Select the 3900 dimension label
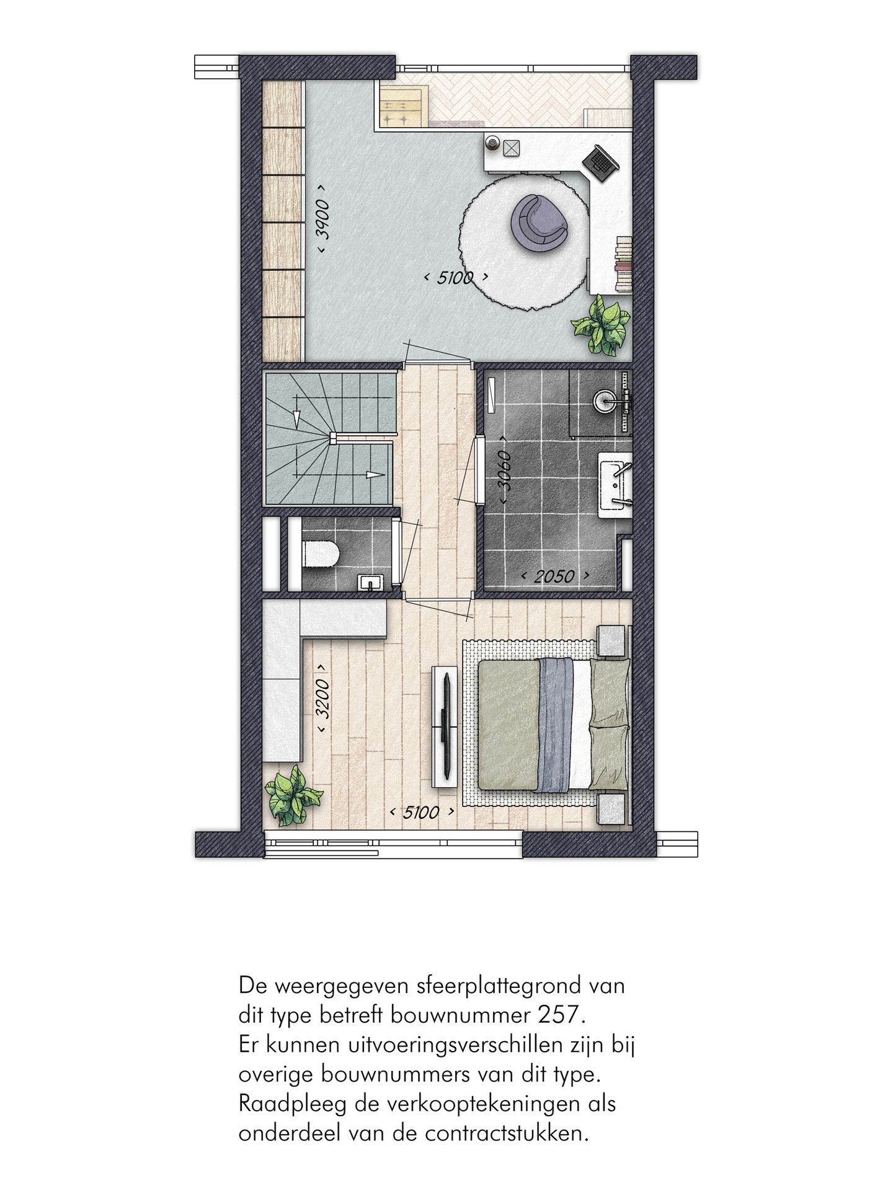323,218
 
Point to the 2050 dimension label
554,576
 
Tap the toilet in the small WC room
321,552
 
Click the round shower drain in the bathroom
602,400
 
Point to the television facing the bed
446,723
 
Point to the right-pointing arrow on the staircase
373,475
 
